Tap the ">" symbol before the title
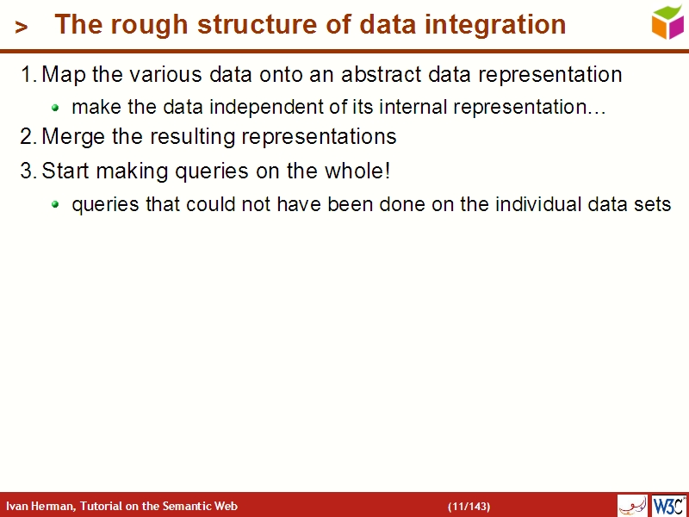click(22, 28)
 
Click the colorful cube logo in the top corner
click(667, 22)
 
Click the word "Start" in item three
click(65, 171)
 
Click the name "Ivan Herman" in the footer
click(40, 506)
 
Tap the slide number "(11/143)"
click(469, 506)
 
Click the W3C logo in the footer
click(668, 505)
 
